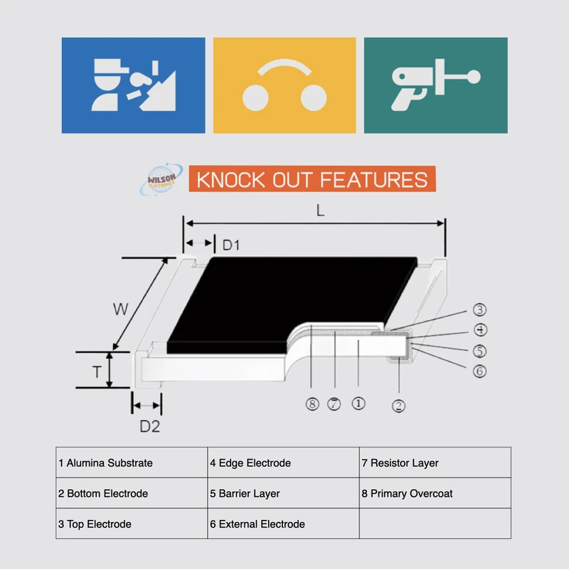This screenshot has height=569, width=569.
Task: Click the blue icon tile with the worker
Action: (133, 85)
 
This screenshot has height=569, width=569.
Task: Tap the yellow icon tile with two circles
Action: (284, 85)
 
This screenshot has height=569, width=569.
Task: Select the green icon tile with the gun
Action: (435, 85)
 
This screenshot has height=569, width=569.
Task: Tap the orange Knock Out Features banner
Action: (312, 179)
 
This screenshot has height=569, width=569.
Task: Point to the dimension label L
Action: (321, 211)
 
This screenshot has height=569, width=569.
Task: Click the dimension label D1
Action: (231, 246)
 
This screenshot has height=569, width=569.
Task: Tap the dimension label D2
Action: (149, 427)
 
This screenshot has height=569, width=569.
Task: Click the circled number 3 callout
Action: (479, 309)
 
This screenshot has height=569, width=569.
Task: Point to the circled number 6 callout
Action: (479, 371)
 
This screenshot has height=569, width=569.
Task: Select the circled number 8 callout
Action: (312, 404)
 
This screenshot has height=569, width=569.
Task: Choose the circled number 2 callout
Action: (399, 406)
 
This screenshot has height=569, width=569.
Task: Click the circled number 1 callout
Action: (358, 403)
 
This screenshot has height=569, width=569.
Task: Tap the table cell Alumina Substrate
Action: (132, 463)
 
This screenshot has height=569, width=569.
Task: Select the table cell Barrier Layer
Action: (284, 494)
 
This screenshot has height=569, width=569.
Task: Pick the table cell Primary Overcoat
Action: (435, 494)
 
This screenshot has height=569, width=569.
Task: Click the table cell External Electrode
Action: (284, 524)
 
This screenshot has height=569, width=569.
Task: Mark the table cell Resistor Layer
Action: (435, 463)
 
